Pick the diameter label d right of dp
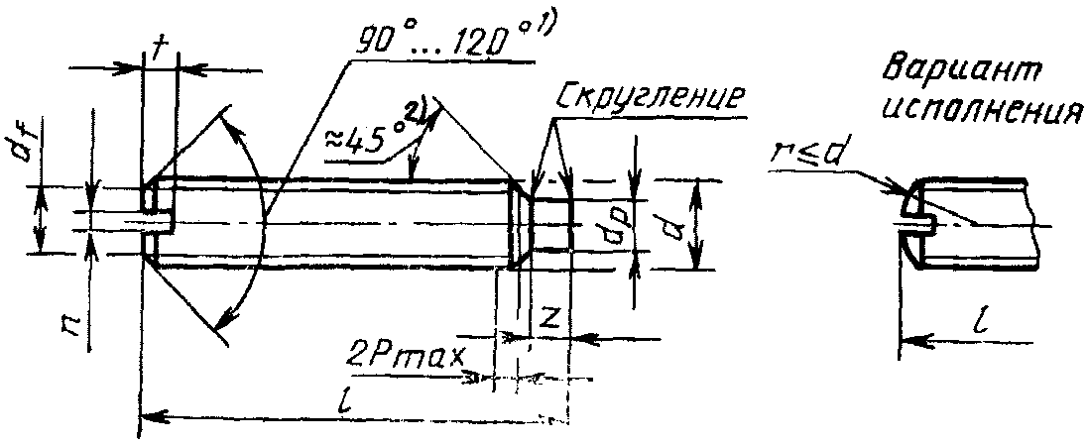pos(673,228)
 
